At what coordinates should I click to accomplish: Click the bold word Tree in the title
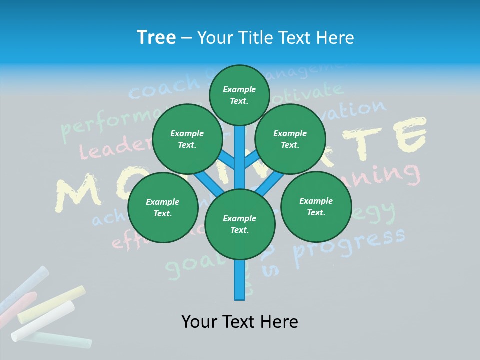156,38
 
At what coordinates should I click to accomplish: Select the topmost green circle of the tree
239,95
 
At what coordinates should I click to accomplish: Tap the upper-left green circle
187,139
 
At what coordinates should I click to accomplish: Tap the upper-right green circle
290,139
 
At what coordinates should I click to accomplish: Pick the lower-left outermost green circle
162,207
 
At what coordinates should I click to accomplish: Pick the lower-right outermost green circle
316,206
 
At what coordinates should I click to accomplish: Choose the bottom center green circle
240,224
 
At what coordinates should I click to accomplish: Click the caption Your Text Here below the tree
240,321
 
